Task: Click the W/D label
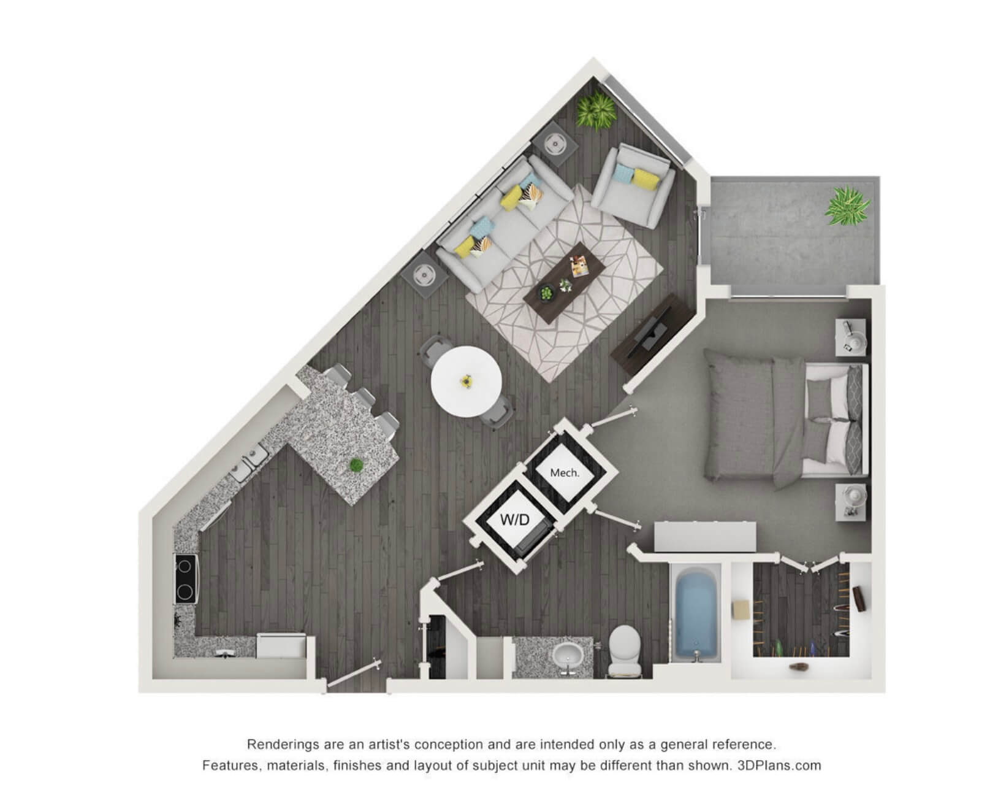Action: pos(514,519)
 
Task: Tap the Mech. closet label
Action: pos(564,472)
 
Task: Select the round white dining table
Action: pos(466,382)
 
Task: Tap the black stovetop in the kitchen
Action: pos(186,578)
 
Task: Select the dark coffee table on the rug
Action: pos(563,283)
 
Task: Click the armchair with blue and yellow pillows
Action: pos(633,185)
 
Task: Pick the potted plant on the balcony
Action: pos(847,206)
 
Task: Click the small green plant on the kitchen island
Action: pos(356,465)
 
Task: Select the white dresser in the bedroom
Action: pos(705,536)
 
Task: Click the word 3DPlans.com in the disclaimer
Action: pos(779,766)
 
